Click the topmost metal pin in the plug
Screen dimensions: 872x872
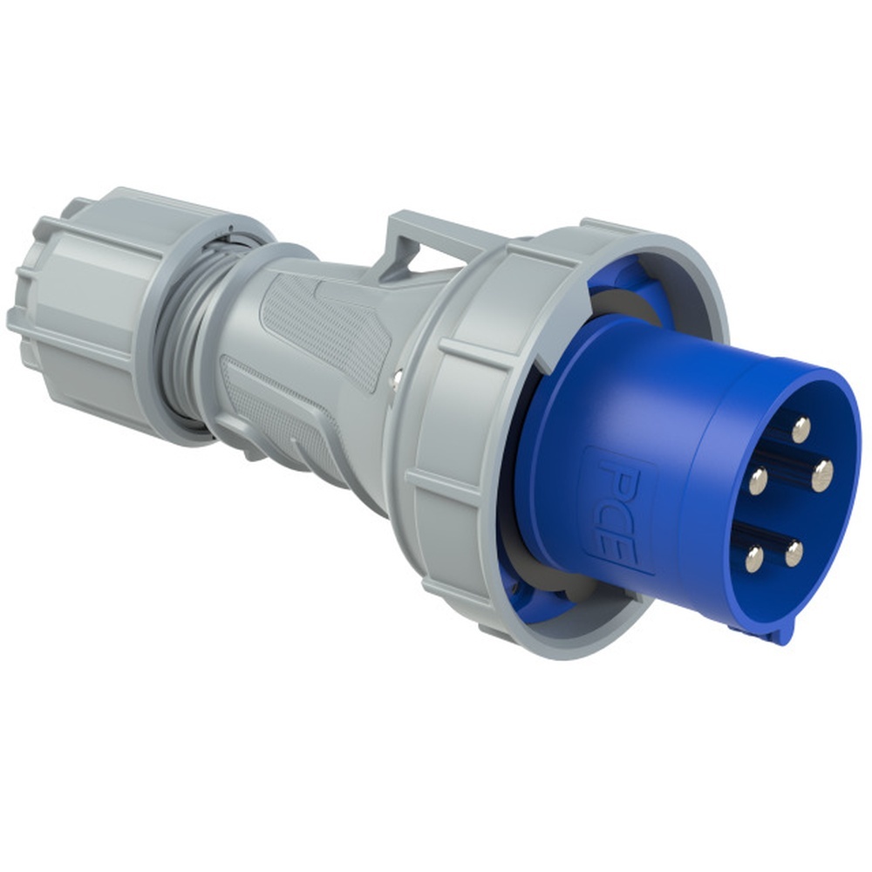(x=800, y=428)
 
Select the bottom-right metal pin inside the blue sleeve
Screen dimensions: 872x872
(x=794, y=553)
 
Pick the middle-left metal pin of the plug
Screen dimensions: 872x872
(x=759, y=480)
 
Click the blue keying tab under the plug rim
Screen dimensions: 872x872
(x=773, y=631)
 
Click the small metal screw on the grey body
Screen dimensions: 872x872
(x=397, y=376)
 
